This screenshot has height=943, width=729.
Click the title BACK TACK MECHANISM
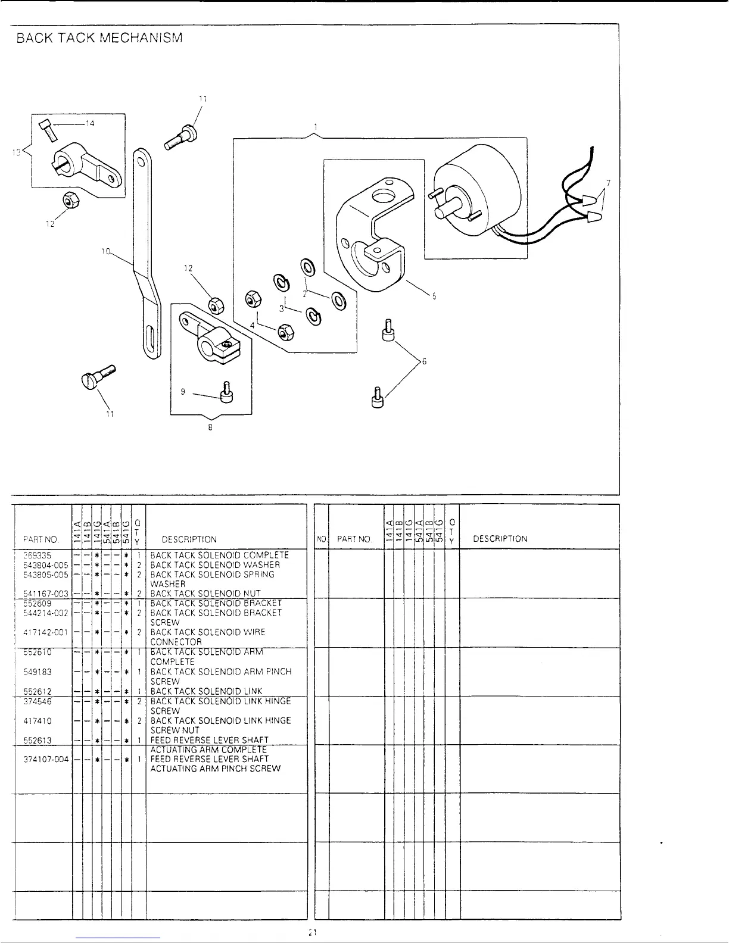click(x=99, y=39)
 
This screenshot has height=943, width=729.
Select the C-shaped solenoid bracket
click(x=369, y=238)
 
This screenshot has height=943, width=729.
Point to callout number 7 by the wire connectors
click(x=607, y=182)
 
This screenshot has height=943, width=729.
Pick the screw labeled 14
click(x=48, y=129)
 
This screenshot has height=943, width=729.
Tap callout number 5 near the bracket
click(x=434, y=297)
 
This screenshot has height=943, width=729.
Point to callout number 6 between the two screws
click(x=424, y=361)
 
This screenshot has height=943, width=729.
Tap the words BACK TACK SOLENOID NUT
click(x=205, y=594)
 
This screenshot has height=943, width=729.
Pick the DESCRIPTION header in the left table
click(x=189, y=539)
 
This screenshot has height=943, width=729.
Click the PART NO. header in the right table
click(x=355, y=539)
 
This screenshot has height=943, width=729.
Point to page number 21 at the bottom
click(x=312, y=932)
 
